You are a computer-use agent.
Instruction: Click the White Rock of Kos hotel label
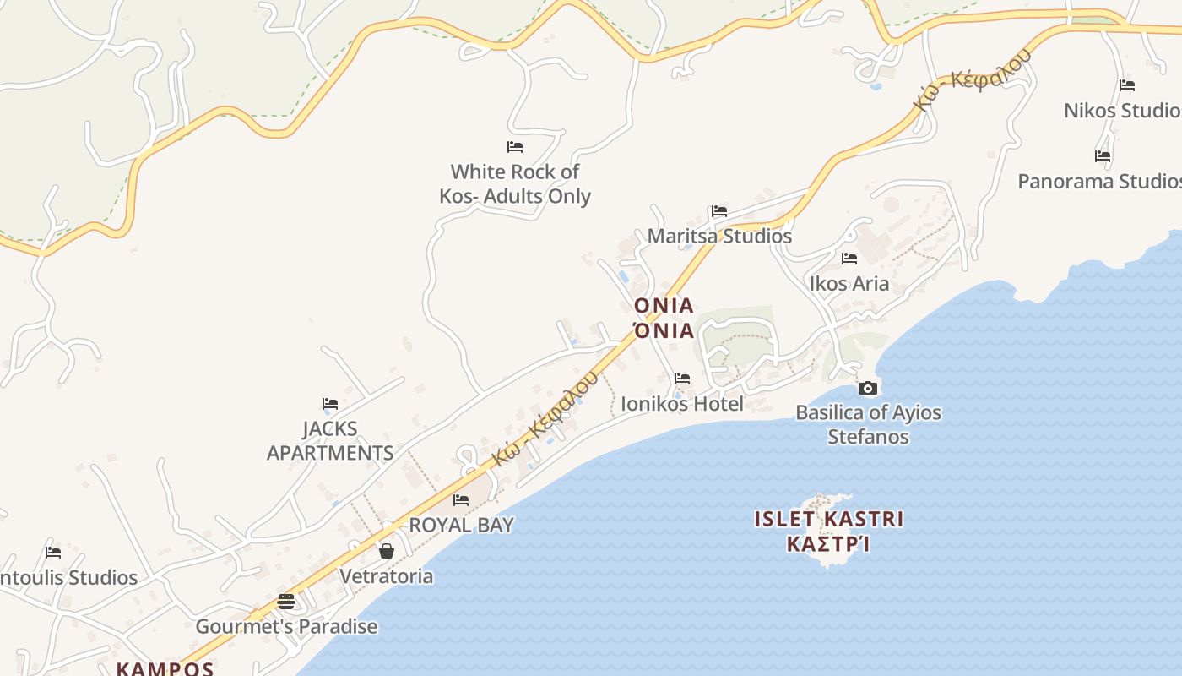click(x=514, y=184)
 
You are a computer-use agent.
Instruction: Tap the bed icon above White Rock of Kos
click(x=515, y=147)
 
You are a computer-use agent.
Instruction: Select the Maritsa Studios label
click(x=719, y=237)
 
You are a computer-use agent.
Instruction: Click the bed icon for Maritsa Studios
click(x=719, y=211)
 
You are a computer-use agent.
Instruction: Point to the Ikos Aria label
click(x=849, y=284)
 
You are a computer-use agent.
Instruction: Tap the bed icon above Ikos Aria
click(x=849, y=259)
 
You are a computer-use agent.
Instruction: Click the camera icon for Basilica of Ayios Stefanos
click(x=867, y=389)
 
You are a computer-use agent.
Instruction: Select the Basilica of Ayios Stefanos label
click(x=868, y=424)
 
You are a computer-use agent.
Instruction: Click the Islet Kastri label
click(x=828, y=531)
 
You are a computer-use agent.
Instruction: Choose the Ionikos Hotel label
click(x=682, y=404)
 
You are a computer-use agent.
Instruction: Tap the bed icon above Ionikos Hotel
click(x=682, y=379)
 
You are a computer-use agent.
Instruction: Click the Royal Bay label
click(x=461, y=525)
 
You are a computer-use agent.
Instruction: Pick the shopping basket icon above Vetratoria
click(x=387, y=551)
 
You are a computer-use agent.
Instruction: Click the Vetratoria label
click(x=386, y=576)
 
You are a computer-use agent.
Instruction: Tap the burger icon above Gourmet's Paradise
click(x=286, y=602)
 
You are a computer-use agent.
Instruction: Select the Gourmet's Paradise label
click(x=286, y=627)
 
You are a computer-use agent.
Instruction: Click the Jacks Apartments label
click(x=330, y=441)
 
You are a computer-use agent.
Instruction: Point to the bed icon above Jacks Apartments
click(x=330, y=404)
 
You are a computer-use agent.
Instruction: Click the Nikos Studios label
click(x=1121, y=111)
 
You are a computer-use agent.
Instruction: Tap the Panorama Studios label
click(x=1098, y=182)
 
